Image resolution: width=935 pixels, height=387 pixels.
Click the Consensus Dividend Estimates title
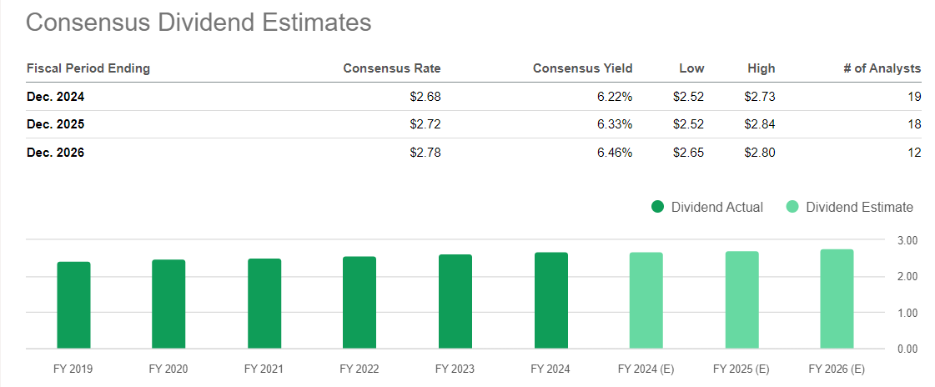(199, 23)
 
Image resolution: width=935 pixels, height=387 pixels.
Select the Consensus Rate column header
(391, 68)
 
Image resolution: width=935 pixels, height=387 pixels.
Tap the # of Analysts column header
(882, 68)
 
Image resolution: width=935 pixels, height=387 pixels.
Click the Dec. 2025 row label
(56, 124)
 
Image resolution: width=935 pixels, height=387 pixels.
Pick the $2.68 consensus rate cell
(425, 97)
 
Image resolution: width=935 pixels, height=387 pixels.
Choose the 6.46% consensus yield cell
(611, 153)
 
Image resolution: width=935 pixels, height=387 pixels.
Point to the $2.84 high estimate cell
(759, 124)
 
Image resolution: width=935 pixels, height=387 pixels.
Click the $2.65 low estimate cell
(688, 153)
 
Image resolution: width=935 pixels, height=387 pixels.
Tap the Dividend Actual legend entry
(707, 207)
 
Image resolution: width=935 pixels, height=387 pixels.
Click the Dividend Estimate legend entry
(850, 207)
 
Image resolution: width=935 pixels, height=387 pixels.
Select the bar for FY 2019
(73, 305)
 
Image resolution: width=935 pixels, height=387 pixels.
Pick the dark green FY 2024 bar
(550, 300)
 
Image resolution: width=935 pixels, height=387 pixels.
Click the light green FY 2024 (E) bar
(646, 300)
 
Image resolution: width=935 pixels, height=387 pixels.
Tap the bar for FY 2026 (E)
(837, 299)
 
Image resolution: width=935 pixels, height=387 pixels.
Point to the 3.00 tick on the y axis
(907, 240)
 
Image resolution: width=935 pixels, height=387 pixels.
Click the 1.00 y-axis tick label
(907, 313)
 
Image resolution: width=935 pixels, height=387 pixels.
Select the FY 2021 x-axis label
(264, 368)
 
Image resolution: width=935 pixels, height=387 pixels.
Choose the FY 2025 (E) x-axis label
(741, 368)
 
